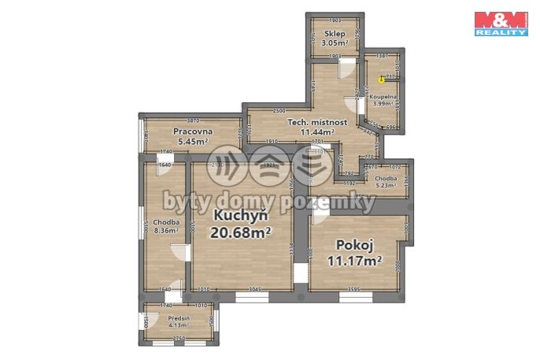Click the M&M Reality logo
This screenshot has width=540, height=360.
(501, 24)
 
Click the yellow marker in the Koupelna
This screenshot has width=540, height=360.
(382, 79)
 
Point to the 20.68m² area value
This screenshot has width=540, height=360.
(241, 232)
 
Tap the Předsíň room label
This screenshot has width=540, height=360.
(178, 317)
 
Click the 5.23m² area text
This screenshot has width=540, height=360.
(386, 186)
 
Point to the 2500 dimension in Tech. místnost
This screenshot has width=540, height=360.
(279, 111)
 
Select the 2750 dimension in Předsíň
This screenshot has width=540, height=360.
(179, 338)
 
